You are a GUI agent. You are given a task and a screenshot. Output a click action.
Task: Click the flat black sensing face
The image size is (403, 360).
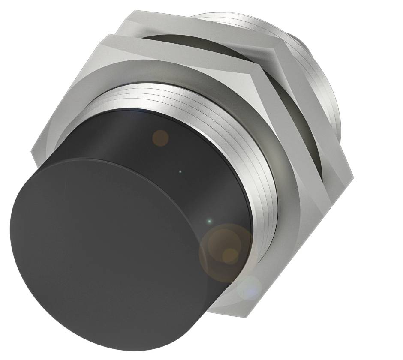[x=107, y=253]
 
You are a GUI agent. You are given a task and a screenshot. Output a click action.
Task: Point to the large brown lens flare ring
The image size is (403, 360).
[x=226, y=253]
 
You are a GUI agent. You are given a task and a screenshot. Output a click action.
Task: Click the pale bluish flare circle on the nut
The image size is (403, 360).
[x=250, y=288]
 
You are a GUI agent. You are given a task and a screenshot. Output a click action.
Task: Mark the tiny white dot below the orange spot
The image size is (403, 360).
[x=180, y=172]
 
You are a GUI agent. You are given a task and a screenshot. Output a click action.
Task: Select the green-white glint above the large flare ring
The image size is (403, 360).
[x=209, y=221]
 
